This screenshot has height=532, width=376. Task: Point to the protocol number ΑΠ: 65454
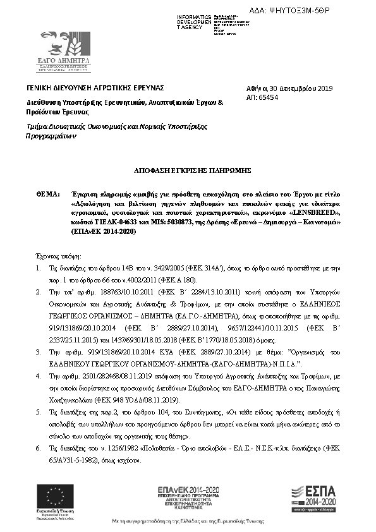(261, 98)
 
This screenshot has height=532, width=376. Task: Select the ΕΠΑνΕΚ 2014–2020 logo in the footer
(188, 497)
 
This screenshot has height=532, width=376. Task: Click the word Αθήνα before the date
(255, 88)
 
